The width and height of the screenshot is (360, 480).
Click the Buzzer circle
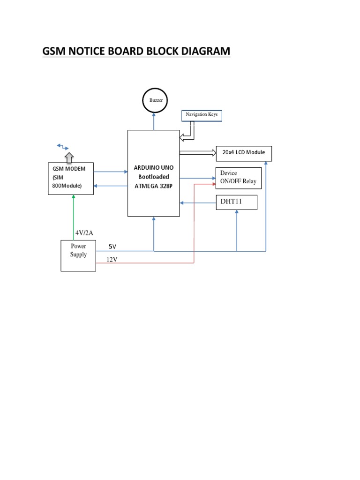(154, 100)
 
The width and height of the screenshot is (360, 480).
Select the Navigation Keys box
(202, 115)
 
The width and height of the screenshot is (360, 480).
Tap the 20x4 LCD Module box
(243, 153)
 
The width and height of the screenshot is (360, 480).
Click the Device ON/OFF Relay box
(238, 178)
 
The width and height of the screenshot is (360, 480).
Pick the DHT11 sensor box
(236, 202)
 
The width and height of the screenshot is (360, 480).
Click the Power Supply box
(78, 255)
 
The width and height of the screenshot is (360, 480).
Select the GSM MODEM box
(70, 179)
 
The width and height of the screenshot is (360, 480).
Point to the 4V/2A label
(84, 233)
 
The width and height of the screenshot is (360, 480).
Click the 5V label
(112, 247)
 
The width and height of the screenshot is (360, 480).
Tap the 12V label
(111, 259)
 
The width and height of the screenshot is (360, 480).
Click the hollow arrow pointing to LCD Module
(197, 152)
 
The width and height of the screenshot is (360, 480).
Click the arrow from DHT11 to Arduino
(197, 203)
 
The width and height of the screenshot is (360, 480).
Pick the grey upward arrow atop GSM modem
(69, 157)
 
